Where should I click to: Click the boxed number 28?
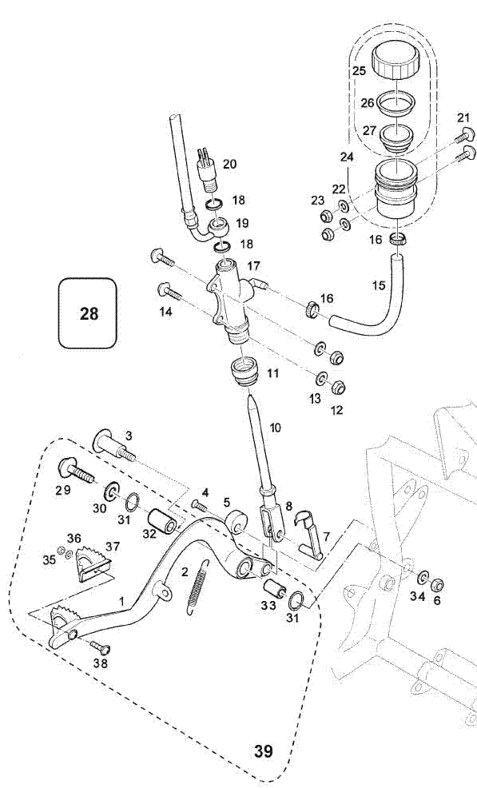[89, 314]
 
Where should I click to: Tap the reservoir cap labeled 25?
[395, 60]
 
